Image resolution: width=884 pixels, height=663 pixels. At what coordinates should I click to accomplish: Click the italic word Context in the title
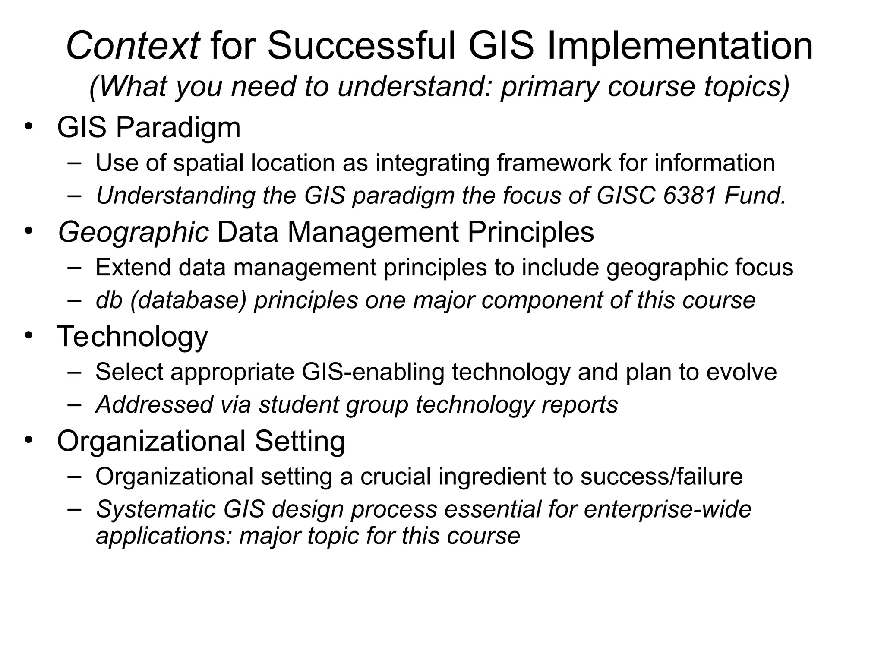point(133,46)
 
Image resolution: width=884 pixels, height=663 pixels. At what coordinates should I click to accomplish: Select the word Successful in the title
point(362,46)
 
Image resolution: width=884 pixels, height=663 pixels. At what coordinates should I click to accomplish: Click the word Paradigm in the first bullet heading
point(178,128)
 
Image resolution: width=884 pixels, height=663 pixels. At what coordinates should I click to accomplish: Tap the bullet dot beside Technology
point(28,335)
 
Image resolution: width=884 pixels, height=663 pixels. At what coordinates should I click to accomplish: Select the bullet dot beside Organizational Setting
point(28,440)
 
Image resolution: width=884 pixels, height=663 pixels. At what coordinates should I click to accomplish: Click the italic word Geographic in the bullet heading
point(133,232)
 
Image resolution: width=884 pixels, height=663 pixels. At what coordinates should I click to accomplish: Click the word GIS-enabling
point(373,372)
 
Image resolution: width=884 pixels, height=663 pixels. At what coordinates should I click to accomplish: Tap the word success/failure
point(661,477)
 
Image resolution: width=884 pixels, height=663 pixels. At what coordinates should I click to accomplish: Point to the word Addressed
point(155,405)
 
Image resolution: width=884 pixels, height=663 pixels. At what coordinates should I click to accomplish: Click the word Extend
point(133,267)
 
